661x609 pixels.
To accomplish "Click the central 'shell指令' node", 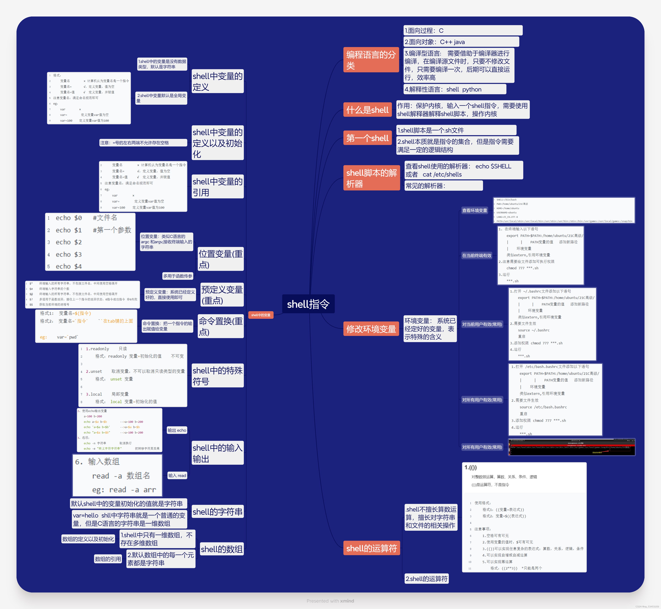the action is (x=308, y=304).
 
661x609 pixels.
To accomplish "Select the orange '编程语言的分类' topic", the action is (x=371, y=60).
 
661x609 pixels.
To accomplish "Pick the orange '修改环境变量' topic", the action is (x=371, y=329).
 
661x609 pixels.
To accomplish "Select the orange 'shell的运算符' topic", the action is (x=371, y=548).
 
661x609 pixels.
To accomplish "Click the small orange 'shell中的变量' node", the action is (x=261, y=315).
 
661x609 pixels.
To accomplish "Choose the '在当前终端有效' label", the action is (x=477, y=255).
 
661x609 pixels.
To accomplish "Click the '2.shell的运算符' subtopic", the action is (x=426, y=579).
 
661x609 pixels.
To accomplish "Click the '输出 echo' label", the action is (x=177, y=430).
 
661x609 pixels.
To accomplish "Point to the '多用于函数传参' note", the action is (x=178, y=276).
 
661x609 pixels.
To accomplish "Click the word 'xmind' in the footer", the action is (x=347, y=601).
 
